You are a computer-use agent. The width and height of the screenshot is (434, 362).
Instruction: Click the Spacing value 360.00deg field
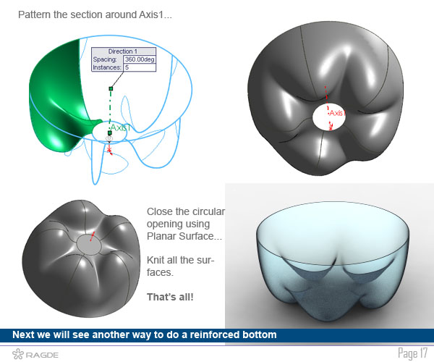[x=140, y=59]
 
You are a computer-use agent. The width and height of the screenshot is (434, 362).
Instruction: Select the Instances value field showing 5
[x=140, y=67]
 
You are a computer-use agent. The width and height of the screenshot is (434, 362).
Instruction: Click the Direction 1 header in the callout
[x=123, y=51]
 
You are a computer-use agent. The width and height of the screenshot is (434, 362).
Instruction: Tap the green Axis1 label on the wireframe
[x=120, y=127]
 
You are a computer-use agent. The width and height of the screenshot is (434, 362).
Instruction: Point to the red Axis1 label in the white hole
[x=336, y=113]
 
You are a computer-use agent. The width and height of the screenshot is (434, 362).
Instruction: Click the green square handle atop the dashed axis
[x=111, y=88]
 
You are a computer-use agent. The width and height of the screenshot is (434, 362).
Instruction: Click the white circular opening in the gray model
[x=329, y=117]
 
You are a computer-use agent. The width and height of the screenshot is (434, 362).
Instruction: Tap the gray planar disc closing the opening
[x=89, y=245]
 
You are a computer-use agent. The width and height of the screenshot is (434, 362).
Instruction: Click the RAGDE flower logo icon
[x=18, y=354]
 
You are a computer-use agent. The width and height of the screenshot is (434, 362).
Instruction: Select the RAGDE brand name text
[x=42, y=355]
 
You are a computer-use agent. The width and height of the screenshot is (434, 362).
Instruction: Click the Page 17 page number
[x=413, y=353]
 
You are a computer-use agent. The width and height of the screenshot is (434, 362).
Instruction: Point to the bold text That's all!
[x=170, y=297]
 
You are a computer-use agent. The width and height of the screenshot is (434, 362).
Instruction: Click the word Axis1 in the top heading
[x=151, y=14]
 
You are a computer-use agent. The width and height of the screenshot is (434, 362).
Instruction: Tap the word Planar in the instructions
[x=161, y=236]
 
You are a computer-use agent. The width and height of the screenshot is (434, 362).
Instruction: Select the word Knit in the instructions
[x=154, y=260]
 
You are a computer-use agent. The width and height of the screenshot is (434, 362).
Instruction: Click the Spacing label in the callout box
[x=105, y=59]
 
